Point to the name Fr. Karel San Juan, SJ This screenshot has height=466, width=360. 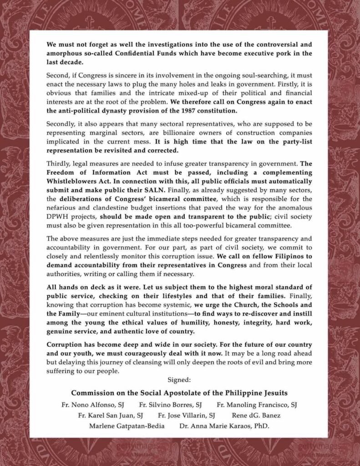(111, 415)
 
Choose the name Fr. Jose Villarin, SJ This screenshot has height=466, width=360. (186, 415)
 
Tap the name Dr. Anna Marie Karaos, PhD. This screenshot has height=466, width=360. (224, 427)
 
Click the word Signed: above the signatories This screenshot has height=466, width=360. (180, 379)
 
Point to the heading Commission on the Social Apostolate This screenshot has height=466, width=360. (180, 392)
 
